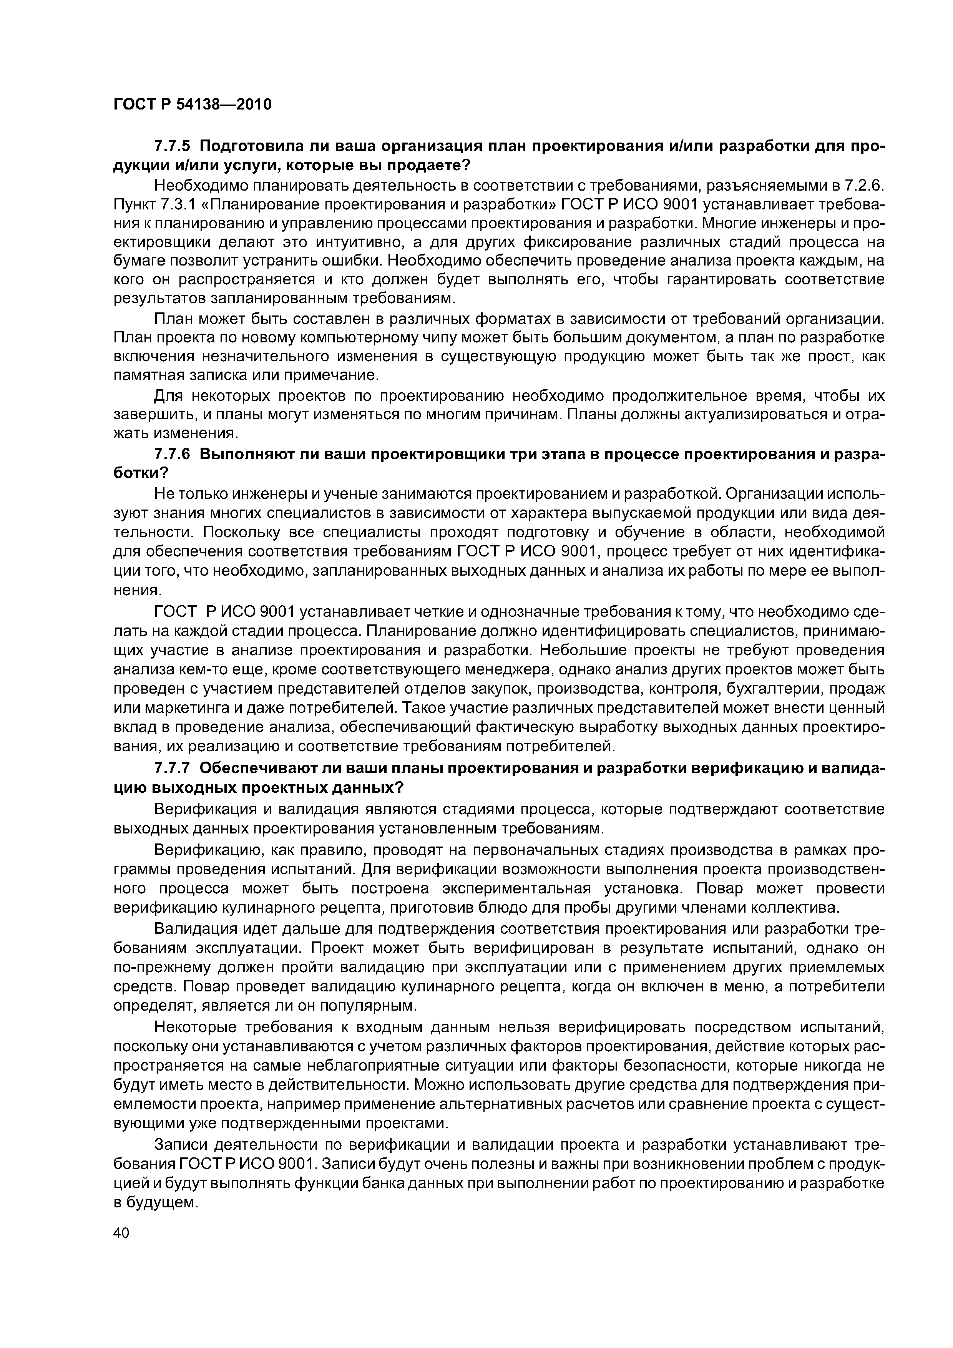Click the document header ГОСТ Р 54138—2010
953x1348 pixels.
click(193, 105)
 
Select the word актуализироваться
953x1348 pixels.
click(759, 415)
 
